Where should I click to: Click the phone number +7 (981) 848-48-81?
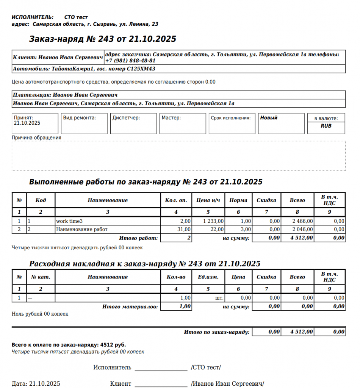click(x=130, y=61)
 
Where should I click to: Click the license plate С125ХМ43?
click(x=141, y=69)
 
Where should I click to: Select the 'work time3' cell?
click(x=69, y=221)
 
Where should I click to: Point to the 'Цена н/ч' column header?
click(x=208, y=200)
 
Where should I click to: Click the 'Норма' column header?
click(x=238, y=200)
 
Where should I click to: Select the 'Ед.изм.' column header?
click(x=208, y=277)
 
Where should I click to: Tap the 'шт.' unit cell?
click(x=219, y=298)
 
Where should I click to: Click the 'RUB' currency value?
click(x=326, y=126)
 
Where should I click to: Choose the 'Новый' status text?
click(x=269, y=118)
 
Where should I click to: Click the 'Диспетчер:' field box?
click(x=133, y=124)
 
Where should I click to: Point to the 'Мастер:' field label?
click(x=171, y=118)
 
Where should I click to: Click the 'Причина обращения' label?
click(x=36, y=138)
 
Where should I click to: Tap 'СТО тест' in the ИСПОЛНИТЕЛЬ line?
click(x=76, y=17)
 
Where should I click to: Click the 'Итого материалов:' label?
click(x=130, y=307)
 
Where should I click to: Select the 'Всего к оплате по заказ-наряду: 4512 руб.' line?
click(x=69, y=345)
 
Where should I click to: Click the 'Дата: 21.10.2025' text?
click(x=36, y=383)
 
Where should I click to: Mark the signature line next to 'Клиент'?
click(x=161, y=386)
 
